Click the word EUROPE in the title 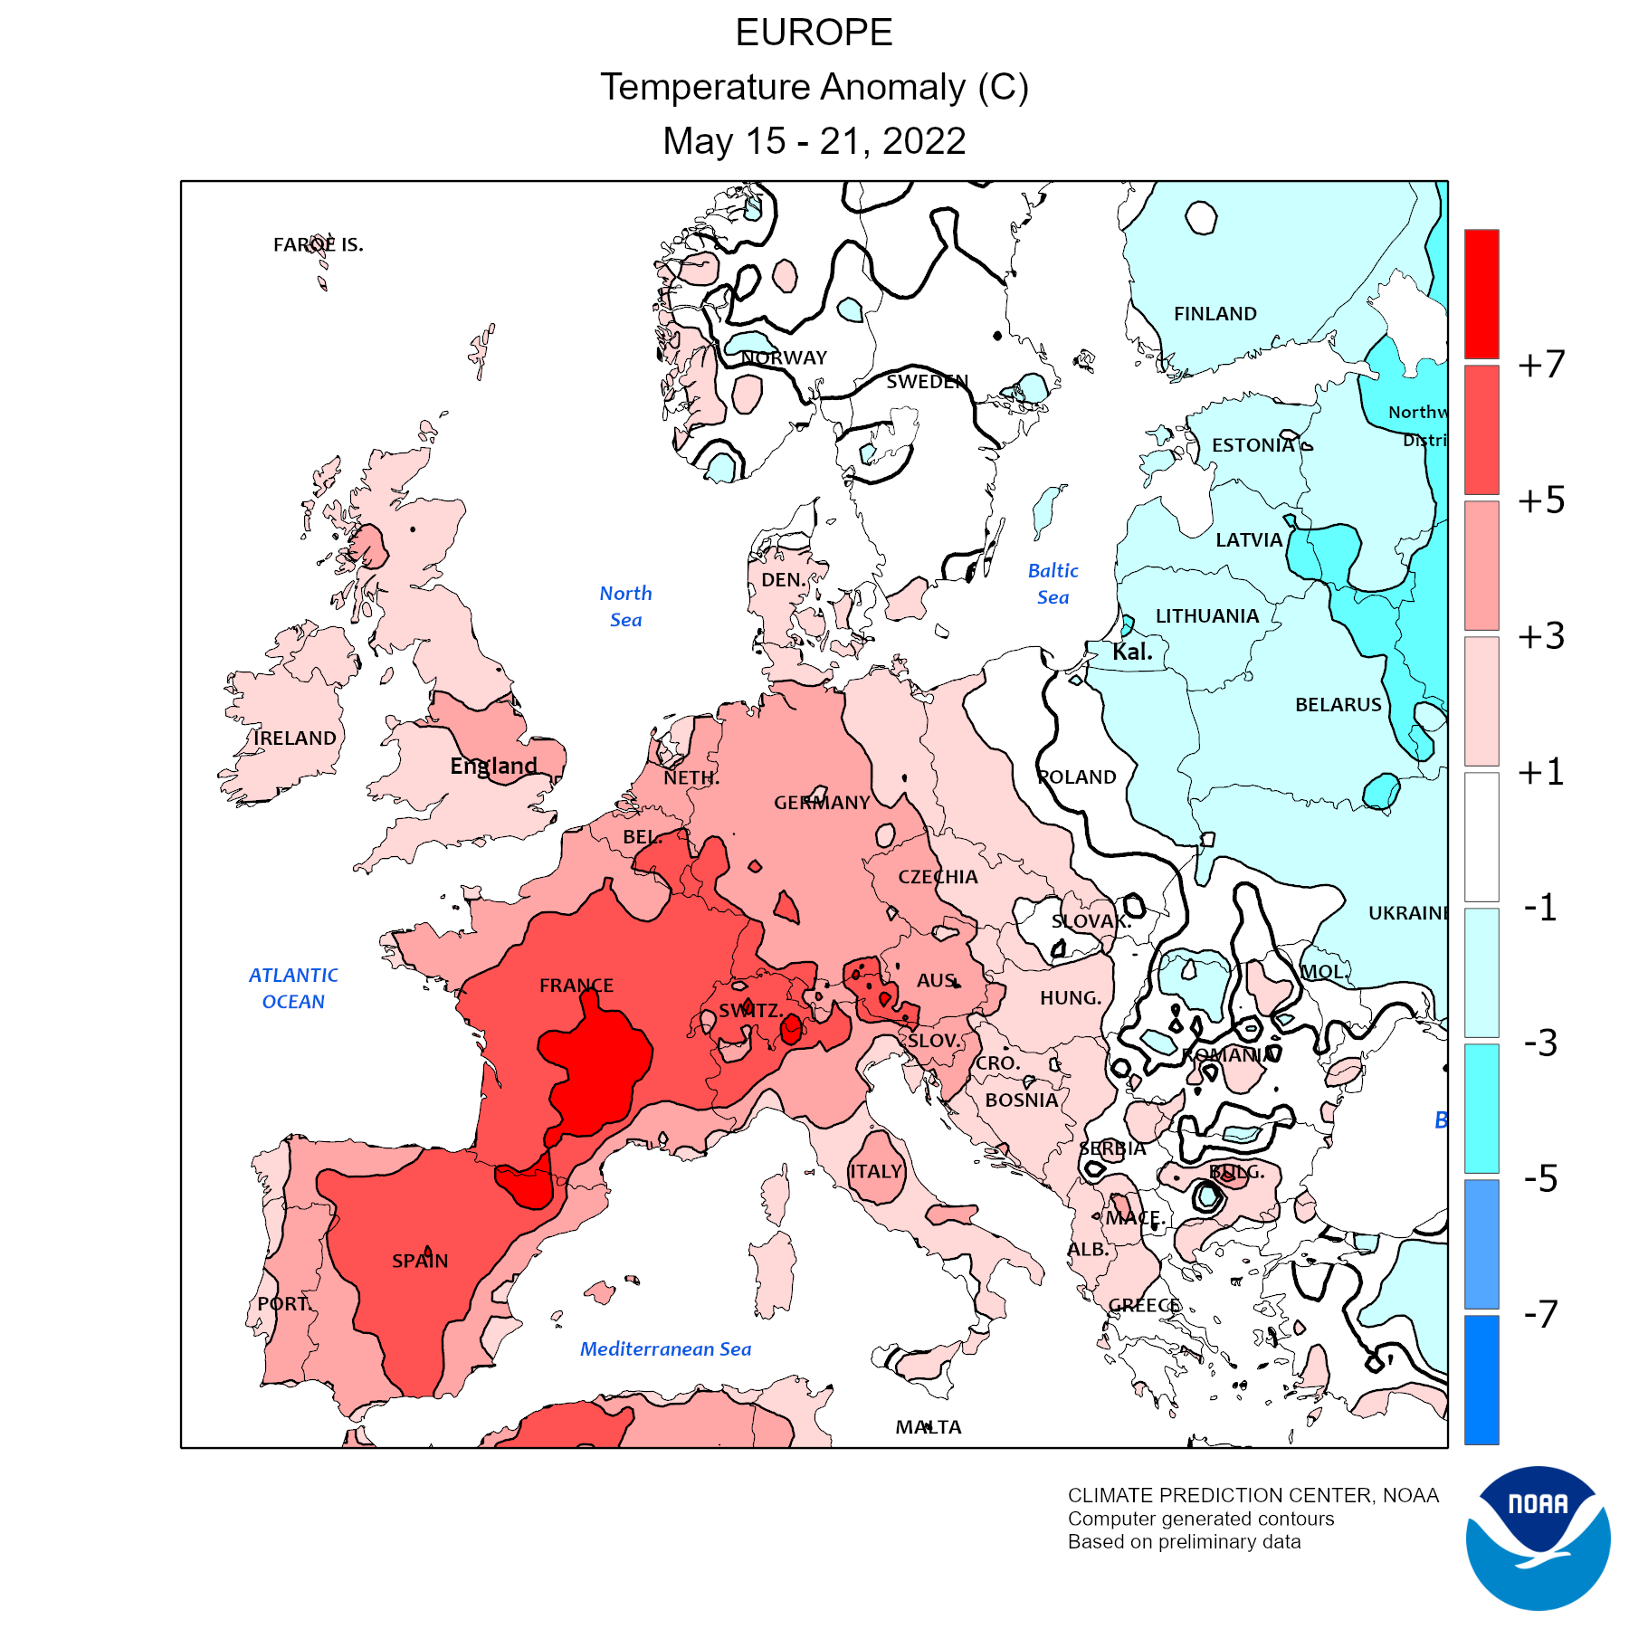pos(814,33)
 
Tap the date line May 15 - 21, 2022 pos(814,141)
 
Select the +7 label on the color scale pos(1541,365)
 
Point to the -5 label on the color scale pos(1541,1178)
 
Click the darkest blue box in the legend pos(1481,1379)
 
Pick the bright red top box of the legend pos(1481,293)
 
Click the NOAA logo pos(1538,1538)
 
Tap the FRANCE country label pos(576,986)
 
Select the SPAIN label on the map pos(420,1261)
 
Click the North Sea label pos(625,606)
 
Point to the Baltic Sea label pos(1053,584)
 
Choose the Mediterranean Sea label pos(665,1349)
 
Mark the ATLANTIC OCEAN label pos(293,988)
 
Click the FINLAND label pos(1215,314)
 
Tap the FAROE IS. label pos(318,244)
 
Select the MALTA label pos(929,1427)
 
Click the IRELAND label pos(294,738)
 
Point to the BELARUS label pos(1338,705)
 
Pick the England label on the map pos(494,767)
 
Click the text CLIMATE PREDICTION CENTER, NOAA pos(1253,1496)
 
